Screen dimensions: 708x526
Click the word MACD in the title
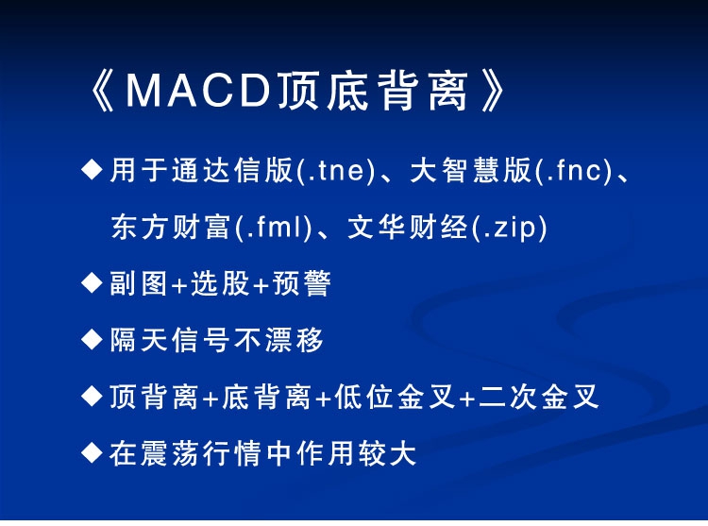point(198,91)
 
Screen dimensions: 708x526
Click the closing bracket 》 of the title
point(493,92)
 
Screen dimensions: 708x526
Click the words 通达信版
point(232,171)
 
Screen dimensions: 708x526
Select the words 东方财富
point(171,227)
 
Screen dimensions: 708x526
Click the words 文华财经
point(408,227)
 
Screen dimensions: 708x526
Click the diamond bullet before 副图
point(93,283)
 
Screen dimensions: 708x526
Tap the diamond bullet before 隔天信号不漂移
point(93,340)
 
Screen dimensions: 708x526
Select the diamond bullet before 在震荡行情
point(93,452)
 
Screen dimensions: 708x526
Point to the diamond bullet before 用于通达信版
point(93,170)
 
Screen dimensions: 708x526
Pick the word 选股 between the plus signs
point(220,283)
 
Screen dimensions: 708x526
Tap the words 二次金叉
point(539,397)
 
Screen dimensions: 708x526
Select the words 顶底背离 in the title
point(373,92)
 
